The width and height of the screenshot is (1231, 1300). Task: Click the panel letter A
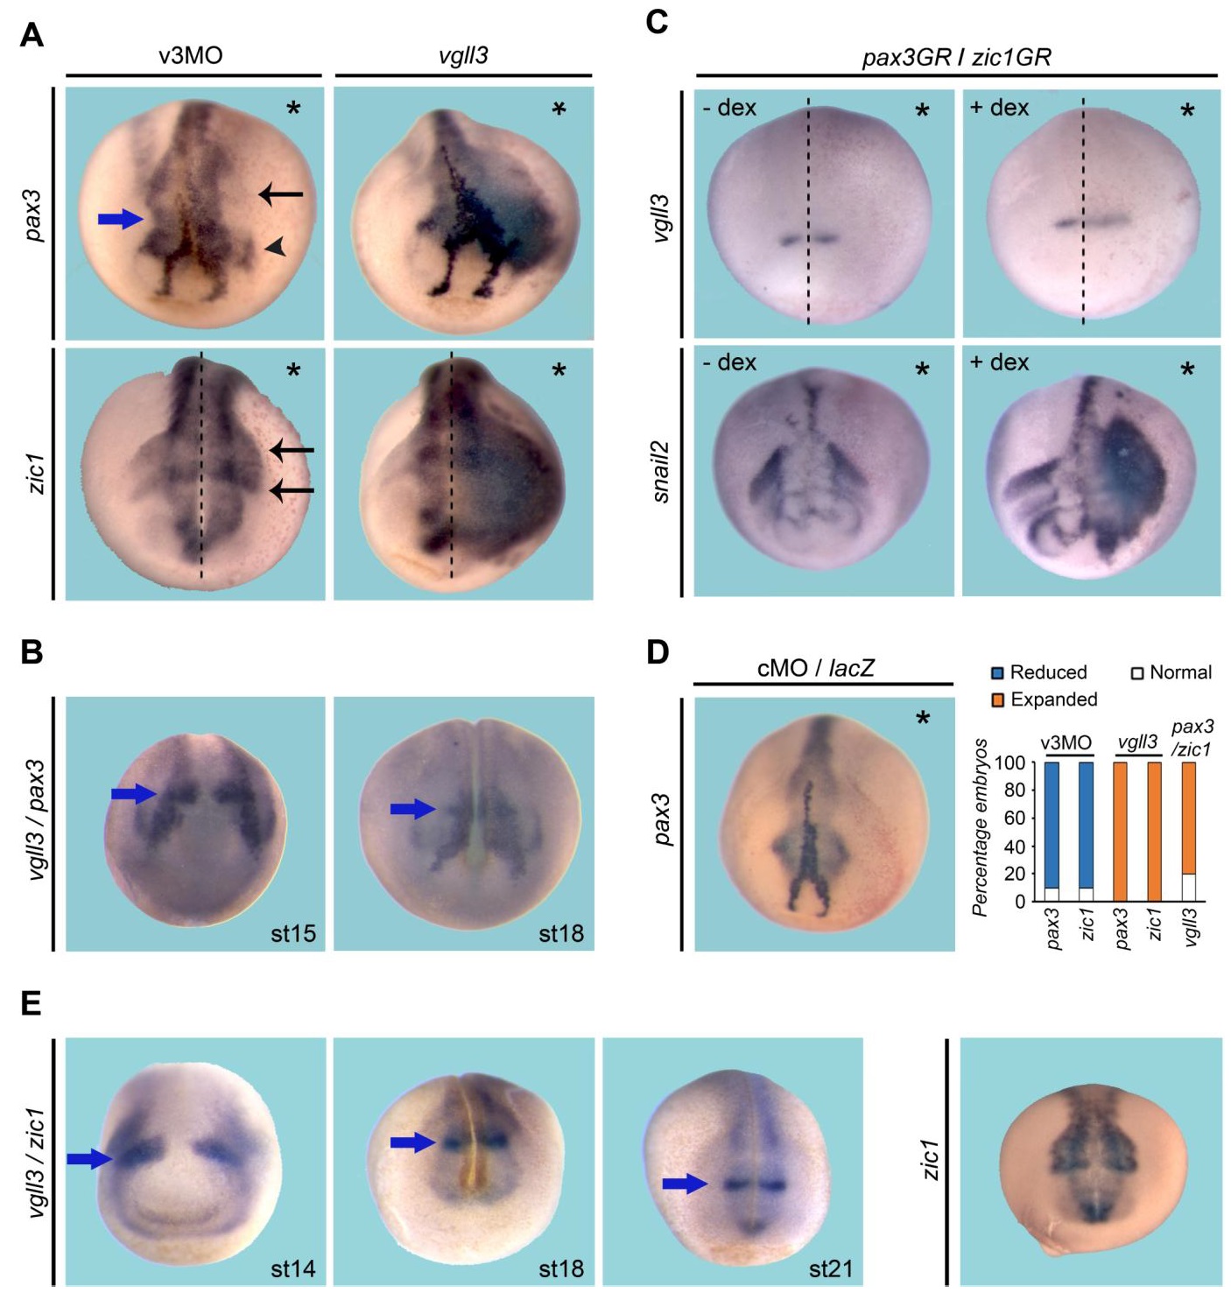(32, 35)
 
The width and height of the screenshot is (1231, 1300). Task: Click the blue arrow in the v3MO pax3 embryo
(121, 219)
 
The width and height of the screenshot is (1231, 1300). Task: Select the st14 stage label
(293, 1268)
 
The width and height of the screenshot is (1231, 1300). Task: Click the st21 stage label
(831, 1268)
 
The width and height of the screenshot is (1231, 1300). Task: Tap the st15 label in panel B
(293, 933)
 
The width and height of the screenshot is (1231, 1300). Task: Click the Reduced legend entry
(1040, 673)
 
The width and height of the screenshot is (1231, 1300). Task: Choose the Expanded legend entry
(1045, 699)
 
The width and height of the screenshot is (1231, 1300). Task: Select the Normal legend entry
(1171, 673)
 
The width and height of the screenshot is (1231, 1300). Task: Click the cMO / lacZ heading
(816, 668)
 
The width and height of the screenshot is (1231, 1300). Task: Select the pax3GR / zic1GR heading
(957, 58)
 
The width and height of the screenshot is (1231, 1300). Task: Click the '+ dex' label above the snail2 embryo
(1000, 362)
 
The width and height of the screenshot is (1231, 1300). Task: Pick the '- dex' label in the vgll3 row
(729, 107)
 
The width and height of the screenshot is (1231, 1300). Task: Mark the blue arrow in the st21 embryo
(686, 1185)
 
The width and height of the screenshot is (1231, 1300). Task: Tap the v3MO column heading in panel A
(191, 56)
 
